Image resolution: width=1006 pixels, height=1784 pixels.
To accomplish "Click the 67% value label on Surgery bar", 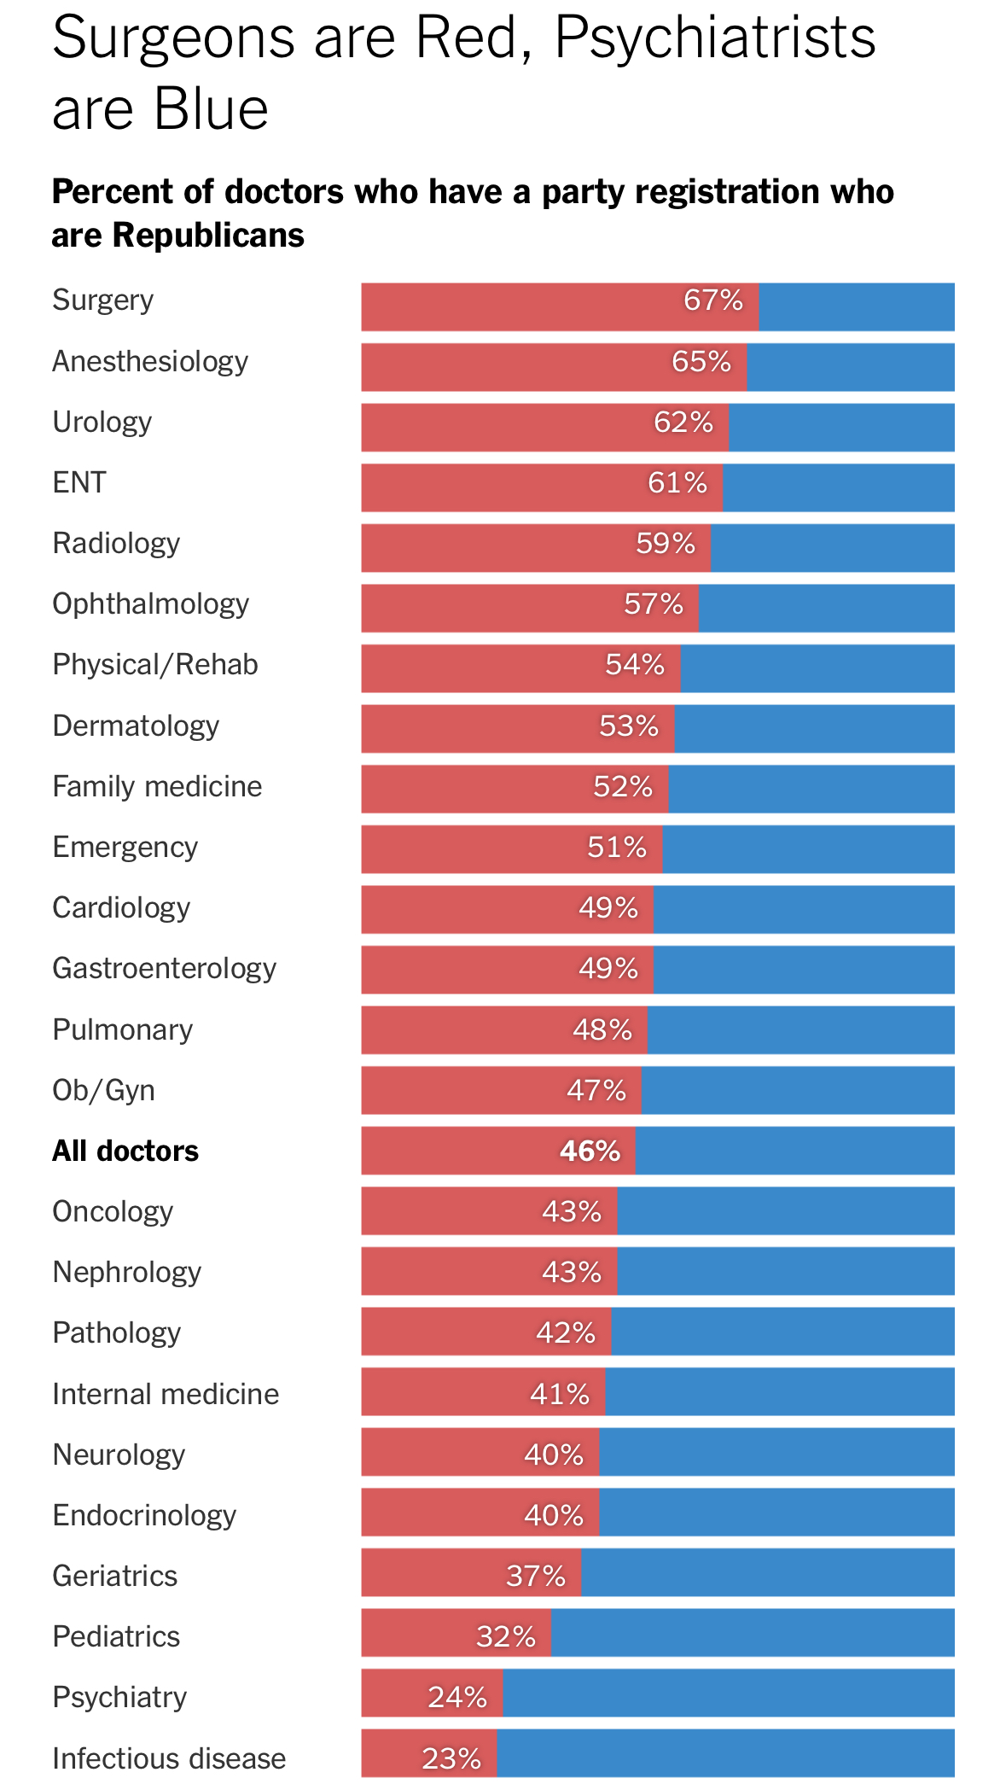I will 713,300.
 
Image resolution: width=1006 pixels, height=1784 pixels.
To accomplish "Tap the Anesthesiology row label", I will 150,362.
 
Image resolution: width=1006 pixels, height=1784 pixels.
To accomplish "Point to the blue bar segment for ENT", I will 838,488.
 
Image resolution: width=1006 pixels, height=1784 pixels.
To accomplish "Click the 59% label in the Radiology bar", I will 666,544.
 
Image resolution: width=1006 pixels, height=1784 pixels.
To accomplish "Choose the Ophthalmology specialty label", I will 151,604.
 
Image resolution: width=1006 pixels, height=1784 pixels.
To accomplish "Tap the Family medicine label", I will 157,786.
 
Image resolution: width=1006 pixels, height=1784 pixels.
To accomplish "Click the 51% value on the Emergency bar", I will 617,848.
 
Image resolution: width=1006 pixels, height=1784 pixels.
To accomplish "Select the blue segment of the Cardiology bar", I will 804,910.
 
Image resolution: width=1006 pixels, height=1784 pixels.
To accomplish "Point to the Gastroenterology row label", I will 165,969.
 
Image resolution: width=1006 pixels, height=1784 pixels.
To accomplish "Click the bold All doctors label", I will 125,1151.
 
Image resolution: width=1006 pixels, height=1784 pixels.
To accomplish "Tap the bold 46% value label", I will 590,1151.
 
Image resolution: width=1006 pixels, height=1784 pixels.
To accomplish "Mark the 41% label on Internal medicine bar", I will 560,1395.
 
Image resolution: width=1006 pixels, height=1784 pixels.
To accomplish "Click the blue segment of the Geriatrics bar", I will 768,1573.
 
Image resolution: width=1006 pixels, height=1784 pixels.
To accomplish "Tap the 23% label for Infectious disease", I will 451,1759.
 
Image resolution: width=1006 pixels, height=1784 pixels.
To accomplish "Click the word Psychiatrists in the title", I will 715,38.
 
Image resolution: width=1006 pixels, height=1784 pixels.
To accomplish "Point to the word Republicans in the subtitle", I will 208,236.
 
